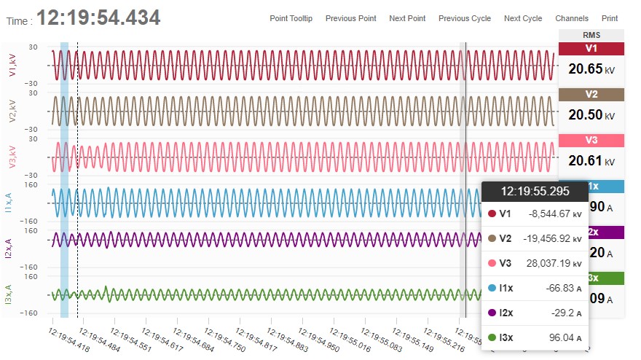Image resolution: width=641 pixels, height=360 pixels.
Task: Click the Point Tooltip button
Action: [291, 18]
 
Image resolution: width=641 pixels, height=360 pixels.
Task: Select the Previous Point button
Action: [351, 18]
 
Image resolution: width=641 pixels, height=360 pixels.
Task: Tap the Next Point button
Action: [407, 18]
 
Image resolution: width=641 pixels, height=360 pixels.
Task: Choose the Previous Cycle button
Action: [465, 18]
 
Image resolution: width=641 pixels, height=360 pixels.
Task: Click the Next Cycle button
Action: [523, 18]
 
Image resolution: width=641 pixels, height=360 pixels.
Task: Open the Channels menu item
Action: [572, 18]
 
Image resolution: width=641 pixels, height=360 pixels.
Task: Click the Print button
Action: [610, 18]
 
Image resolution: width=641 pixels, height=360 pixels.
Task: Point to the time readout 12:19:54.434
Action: [98, 18]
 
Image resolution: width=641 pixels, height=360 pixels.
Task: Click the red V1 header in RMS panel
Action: [591, 48]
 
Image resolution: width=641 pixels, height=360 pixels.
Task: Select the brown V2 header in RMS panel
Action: [591, 94]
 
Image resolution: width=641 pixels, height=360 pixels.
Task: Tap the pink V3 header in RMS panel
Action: [591, 140]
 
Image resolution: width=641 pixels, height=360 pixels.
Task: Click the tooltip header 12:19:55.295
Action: [535, 191]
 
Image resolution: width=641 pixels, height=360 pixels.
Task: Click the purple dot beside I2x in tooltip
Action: [492, 313]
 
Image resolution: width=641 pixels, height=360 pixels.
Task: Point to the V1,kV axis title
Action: [12, 65]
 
